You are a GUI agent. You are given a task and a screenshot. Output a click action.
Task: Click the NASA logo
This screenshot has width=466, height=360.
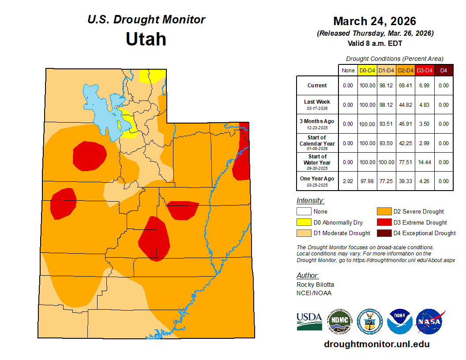(x=430, y=322)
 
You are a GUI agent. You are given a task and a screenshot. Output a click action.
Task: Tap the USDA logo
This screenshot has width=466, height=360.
(x=309, y=321)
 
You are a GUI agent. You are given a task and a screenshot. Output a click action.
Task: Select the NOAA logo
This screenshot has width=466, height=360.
(x=400, y=322)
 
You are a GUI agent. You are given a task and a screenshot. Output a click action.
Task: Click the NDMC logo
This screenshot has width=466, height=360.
(x=339, y=322)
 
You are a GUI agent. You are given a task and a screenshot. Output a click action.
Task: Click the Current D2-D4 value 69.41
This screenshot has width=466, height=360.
(x=406, y=86)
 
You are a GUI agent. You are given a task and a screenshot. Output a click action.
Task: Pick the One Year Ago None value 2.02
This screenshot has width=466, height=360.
(x=348, y=181)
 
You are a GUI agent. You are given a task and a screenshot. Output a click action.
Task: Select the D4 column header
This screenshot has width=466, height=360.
(x=443, y=70)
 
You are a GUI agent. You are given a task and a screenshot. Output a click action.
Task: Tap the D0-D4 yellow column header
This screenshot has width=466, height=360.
(x=367, y=70)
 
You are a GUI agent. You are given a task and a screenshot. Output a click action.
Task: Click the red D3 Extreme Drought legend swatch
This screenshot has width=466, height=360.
(x=384, y=222)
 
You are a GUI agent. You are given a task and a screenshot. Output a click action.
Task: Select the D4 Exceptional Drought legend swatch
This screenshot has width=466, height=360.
(x=384, y=233)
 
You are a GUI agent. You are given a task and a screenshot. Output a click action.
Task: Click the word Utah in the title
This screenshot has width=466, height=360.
(x=146, y=39)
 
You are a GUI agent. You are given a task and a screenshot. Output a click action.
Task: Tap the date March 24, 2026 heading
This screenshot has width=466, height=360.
(x=375, y=21)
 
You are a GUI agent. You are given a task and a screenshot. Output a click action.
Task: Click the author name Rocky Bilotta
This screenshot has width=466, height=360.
(x=316, y=285)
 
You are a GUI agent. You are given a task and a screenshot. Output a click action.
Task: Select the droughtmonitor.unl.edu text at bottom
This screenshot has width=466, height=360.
(x=376, y=344)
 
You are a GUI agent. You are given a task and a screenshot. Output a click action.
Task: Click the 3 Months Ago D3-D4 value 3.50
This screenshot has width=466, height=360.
(x=425, y=124)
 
